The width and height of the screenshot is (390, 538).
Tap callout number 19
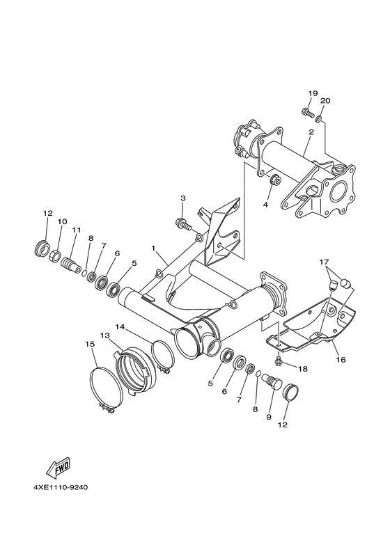click(313, 93)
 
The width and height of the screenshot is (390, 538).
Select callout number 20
click(325, 100)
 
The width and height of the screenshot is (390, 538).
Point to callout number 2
click(311, 132)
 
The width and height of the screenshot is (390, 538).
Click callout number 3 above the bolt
click(183, 198)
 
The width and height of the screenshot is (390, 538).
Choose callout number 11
click(76, 230)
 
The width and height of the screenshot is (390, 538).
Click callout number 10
click(62, 222)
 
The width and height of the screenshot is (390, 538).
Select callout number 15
click(90, 344)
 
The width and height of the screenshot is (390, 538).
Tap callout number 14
click(120, 326)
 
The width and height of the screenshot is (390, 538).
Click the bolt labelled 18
click(279, 360)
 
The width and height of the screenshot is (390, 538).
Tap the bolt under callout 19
click(307, 111)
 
